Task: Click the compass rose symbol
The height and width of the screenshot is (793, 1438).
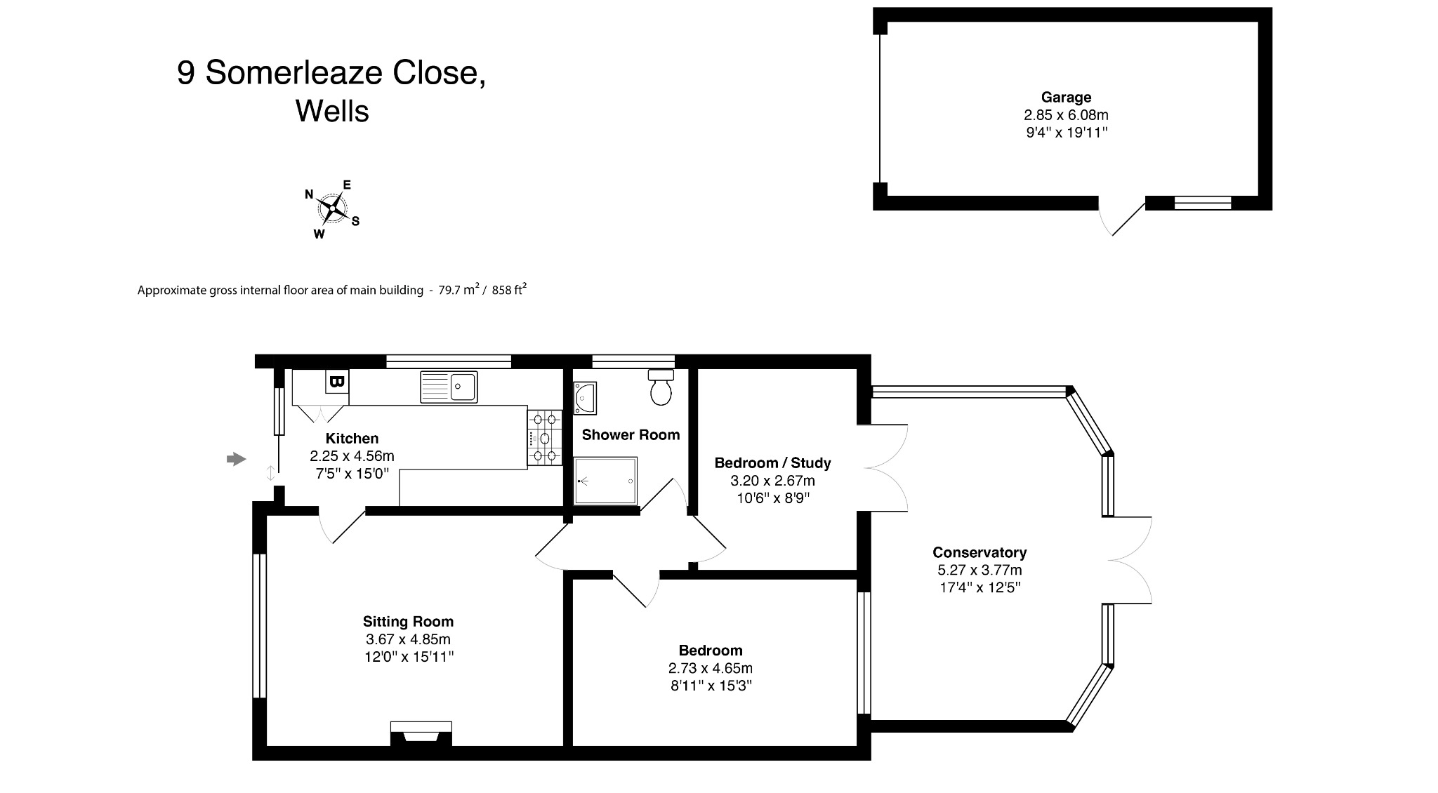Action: tap(333, 208)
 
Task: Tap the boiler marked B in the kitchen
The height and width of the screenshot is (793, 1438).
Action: tap(336, 382)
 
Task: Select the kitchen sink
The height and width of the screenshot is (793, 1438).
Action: tap(449, 387)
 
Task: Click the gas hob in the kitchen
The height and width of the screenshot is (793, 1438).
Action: tap(545, 438)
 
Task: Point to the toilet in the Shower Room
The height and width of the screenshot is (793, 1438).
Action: tap(661, 388)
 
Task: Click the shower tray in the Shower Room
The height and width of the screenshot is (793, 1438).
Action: tap(605, 481)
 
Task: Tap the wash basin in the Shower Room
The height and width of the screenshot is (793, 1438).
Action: tap(584, 397)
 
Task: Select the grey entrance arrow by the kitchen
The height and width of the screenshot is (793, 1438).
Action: tap(237, 459)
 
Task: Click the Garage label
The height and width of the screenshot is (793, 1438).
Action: tap(1066, 98)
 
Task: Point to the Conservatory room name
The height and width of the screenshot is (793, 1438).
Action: tap(979, 552)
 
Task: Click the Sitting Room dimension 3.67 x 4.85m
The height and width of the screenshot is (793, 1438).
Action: tap(408, 639)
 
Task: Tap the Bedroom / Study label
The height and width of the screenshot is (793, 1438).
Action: tap(772, 463)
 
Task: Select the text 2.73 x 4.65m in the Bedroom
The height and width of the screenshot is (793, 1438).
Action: tap(711, 668)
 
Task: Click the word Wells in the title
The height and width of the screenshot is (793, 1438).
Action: tap(332, 111)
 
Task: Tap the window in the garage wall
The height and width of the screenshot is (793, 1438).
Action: tap(1203, 204)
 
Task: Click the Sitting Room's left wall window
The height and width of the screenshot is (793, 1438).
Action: tap(259, 625)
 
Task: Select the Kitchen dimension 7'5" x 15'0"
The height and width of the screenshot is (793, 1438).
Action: tap(352, 474)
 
